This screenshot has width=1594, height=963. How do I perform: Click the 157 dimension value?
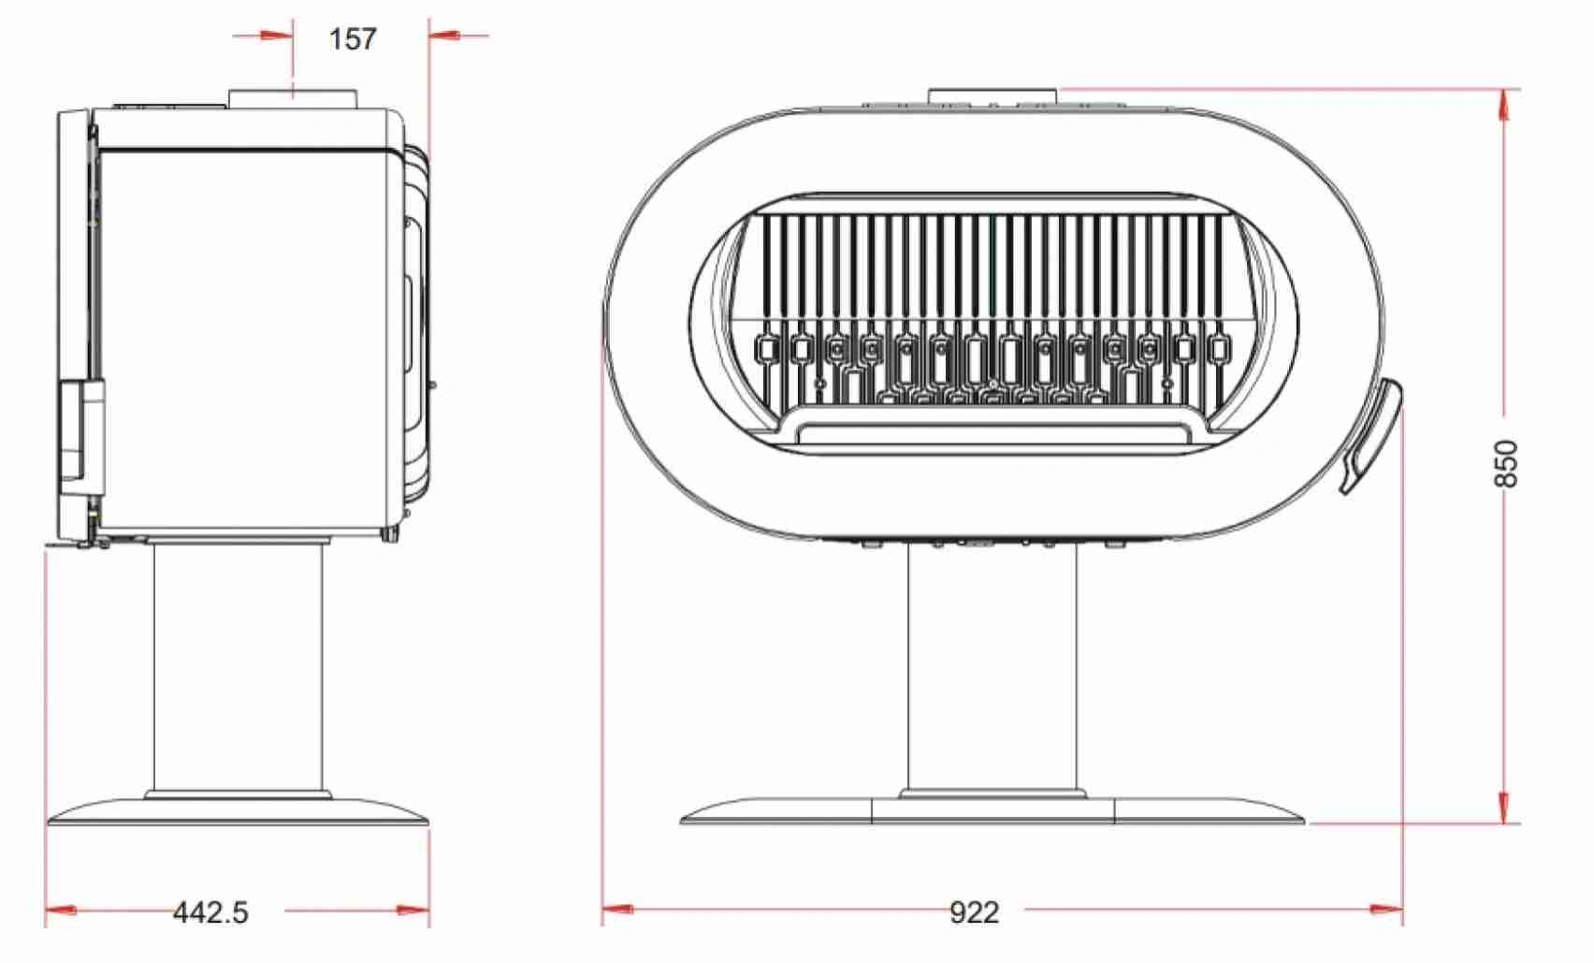click(353, 38)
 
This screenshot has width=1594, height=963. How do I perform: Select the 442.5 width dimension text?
click(210, 912)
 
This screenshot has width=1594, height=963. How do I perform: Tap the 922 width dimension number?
click(974, 912)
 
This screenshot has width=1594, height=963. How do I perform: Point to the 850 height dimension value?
click(1505, 463)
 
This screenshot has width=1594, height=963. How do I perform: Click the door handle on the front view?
click(1370, 436)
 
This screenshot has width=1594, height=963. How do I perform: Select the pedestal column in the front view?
click(993, 673)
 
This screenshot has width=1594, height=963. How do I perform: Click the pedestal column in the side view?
click(239, 667)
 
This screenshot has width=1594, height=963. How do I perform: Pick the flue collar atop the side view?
click(293, 99)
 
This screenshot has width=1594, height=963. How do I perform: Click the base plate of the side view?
click(238, 810)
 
